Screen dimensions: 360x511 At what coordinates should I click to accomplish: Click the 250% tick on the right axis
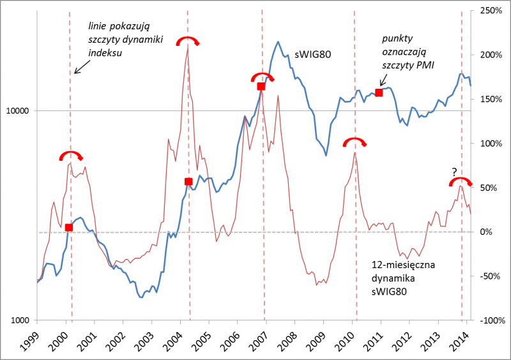click(x=490, y=11)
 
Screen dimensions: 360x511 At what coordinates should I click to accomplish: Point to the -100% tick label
click(x=489, y=320)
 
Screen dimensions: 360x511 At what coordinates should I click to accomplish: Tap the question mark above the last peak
click(x=454, y=172)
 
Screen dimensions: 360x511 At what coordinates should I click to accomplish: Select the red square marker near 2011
click(x=379, y=93)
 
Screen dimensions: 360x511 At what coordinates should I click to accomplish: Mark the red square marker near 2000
click(x=69, y=228)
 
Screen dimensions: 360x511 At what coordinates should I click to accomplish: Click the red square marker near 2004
click(x=188, y=182)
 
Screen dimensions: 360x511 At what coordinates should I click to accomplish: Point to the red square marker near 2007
click(x=261, y=86)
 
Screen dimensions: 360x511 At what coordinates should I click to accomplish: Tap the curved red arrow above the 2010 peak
click(x=355, y=141)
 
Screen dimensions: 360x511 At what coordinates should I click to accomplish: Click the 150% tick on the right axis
click(x=490, y=99)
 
